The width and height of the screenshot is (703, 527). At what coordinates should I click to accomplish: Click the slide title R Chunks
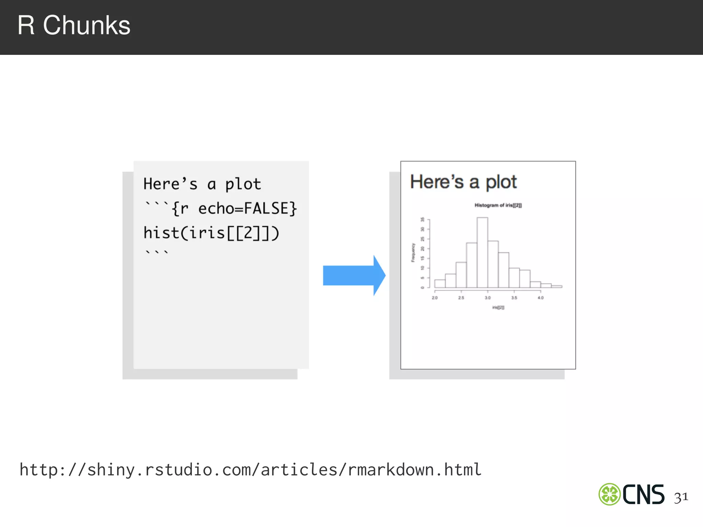[x=74, y=25]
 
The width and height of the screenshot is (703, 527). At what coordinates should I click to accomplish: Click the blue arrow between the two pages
[x=354, y=275]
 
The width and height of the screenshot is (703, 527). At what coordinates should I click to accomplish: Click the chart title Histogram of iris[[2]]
[x=498, y=205]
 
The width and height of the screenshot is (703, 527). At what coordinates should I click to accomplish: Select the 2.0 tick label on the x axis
[x=435, y=297]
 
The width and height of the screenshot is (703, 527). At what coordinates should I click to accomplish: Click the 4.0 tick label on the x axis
[x=541, y=297]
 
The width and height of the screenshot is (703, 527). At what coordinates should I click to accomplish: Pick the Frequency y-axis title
[x=413, y=253]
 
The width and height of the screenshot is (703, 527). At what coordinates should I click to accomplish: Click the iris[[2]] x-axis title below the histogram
[x=498, y=307]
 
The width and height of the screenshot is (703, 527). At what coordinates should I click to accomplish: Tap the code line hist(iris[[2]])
[x=211, y=233]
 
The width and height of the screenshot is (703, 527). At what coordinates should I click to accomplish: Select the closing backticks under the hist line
[x=157, y=253]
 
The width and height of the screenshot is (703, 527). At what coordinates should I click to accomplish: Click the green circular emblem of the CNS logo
[x=609, y=494]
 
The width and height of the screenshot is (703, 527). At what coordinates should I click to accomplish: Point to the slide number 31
[x=681, y=497]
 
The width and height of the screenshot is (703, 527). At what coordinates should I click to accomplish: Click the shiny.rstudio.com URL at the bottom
[x=251, y=470]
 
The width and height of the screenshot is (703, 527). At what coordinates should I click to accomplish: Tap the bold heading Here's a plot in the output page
[x=463, y=182]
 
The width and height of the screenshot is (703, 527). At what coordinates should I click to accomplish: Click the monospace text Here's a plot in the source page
[x=202, y=184]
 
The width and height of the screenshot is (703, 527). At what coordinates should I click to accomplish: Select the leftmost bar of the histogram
[x=440, y=283]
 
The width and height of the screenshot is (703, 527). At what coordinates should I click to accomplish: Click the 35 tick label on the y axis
[x=423, y=219]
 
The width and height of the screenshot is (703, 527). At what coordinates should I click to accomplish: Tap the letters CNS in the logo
[x=643, y=494]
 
